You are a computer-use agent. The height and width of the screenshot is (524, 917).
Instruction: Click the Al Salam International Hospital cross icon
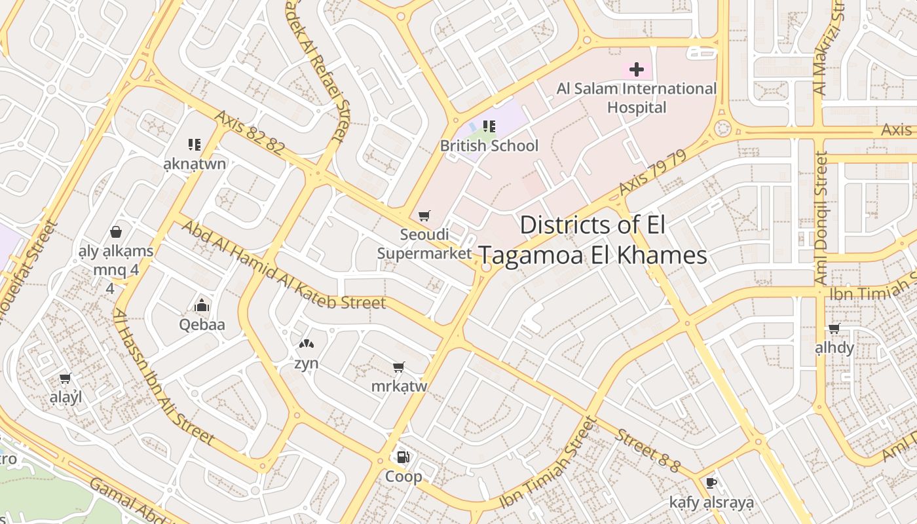636,69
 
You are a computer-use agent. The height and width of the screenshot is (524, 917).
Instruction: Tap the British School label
489,145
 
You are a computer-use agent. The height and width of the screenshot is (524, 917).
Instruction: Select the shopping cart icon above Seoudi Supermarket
424,215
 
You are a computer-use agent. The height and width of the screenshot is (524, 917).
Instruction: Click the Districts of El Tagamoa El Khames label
593,240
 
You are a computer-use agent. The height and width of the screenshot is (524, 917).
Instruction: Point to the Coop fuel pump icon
403,457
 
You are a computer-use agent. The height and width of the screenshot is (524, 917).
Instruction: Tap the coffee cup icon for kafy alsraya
711,483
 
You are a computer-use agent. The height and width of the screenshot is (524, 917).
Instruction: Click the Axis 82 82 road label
250,132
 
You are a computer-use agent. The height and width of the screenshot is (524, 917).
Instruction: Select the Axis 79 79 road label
652,172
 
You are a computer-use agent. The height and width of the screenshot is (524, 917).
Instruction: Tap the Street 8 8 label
648,451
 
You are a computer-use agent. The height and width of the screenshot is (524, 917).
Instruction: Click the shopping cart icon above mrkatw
398,367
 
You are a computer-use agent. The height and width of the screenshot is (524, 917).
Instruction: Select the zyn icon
306,343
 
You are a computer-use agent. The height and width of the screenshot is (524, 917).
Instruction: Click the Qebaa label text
202,324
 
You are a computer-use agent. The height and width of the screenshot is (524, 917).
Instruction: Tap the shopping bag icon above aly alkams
116,232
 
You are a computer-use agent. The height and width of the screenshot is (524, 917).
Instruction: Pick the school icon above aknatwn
194,144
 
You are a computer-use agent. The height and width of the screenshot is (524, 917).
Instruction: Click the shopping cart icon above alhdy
834,328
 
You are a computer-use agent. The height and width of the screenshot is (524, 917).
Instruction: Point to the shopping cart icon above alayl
65,378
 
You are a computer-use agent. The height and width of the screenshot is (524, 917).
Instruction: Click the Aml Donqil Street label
821,218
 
